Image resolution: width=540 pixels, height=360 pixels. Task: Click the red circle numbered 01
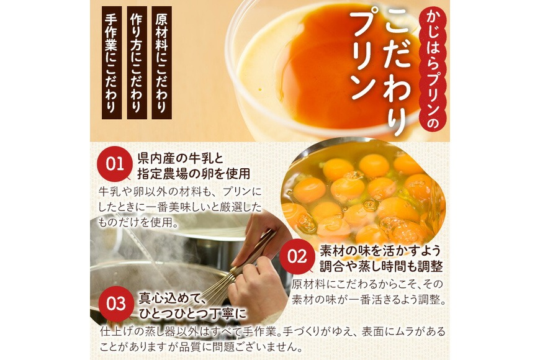(x=115, y=164)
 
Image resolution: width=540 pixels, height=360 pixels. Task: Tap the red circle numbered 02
(x=297, y=256)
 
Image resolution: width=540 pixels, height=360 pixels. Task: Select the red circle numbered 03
(x=116, y=304)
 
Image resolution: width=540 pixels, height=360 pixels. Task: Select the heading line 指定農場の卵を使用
(x=194, y=173)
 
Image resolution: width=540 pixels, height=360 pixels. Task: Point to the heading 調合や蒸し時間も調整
(x=381, y=266)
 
